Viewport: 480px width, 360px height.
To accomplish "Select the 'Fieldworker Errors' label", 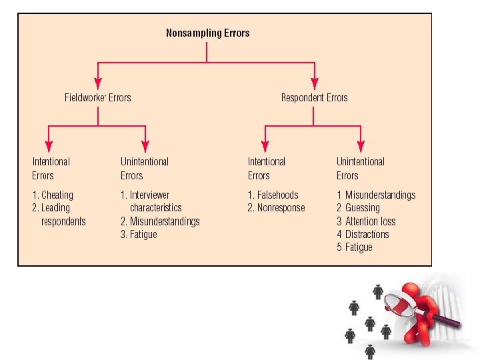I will [97, 98].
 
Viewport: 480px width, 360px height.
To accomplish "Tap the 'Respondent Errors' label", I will [314, 98].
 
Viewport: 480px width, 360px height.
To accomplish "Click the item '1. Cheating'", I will [53, 195].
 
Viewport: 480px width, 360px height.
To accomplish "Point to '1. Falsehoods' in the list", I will [273, 195].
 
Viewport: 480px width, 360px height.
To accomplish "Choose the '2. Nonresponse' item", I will [276, 208].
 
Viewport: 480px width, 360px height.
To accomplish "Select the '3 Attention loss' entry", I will [366, 221].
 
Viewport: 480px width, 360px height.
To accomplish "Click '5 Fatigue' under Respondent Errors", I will [355, 247].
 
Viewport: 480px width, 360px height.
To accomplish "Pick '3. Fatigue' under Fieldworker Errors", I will [139, 234].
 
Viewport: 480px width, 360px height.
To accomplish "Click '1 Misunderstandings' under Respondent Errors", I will [376, 195].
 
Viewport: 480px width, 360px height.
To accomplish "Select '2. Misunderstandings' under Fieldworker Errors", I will [160, 221].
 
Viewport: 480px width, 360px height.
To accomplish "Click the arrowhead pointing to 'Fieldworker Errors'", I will [98, 84].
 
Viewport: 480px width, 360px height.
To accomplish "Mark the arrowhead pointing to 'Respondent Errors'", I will [314, 84].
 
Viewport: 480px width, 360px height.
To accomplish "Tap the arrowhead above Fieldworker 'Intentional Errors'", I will [49, 147].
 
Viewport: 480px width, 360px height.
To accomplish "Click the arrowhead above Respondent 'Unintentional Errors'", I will [361, 147].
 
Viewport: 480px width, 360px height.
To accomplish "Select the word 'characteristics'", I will [155, 208].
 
